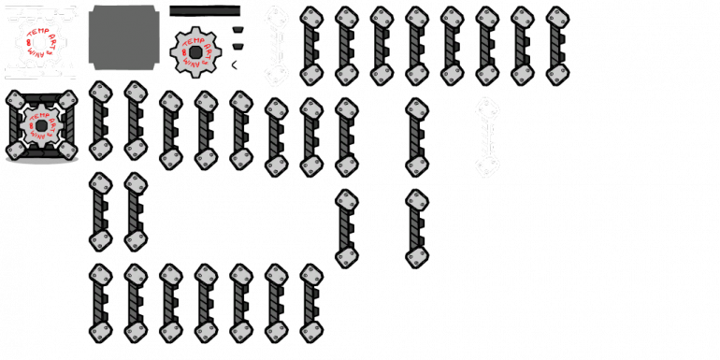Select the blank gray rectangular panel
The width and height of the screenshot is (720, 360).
tap(123, 38)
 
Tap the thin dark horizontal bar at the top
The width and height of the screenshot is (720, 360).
tap(205, 11)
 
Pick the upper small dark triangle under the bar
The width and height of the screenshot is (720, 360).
tap(238, 29)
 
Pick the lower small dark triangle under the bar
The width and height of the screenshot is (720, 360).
tap(238, 45)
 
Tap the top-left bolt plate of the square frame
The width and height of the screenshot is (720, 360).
tap(15, 99)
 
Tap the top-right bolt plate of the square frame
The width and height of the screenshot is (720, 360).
tap(67, 99)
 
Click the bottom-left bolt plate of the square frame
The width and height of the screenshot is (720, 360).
tap(15, 149)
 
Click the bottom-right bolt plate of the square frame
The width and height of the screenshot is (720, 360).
tap(67, 149)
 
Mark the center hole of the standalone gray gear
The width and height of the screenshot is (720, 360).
tap(194, 51)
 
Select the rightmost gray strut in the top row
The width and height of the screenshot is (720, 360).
tap(557, 46)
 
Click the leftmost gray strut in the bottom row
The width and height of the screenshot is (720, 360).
tap(100, 303)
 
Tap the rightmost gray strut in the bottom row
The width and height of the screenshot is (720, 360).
tap(311, 303)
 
